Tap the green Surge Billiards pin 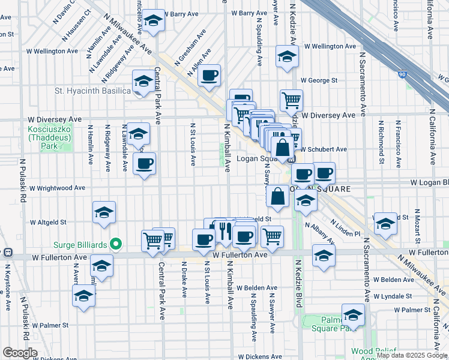click(x=117, y=244)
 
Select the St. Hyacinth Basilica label click(x=92, y=91)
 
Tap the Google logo click(x=20, y=352)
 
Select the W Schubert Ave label click(x=324, y=149)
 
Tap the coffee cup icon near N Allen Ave click(x=209, y=76)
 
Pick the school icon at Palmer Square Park click(x=353, y=314)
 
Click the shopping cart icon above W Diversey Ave click(x=291, y=100)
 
